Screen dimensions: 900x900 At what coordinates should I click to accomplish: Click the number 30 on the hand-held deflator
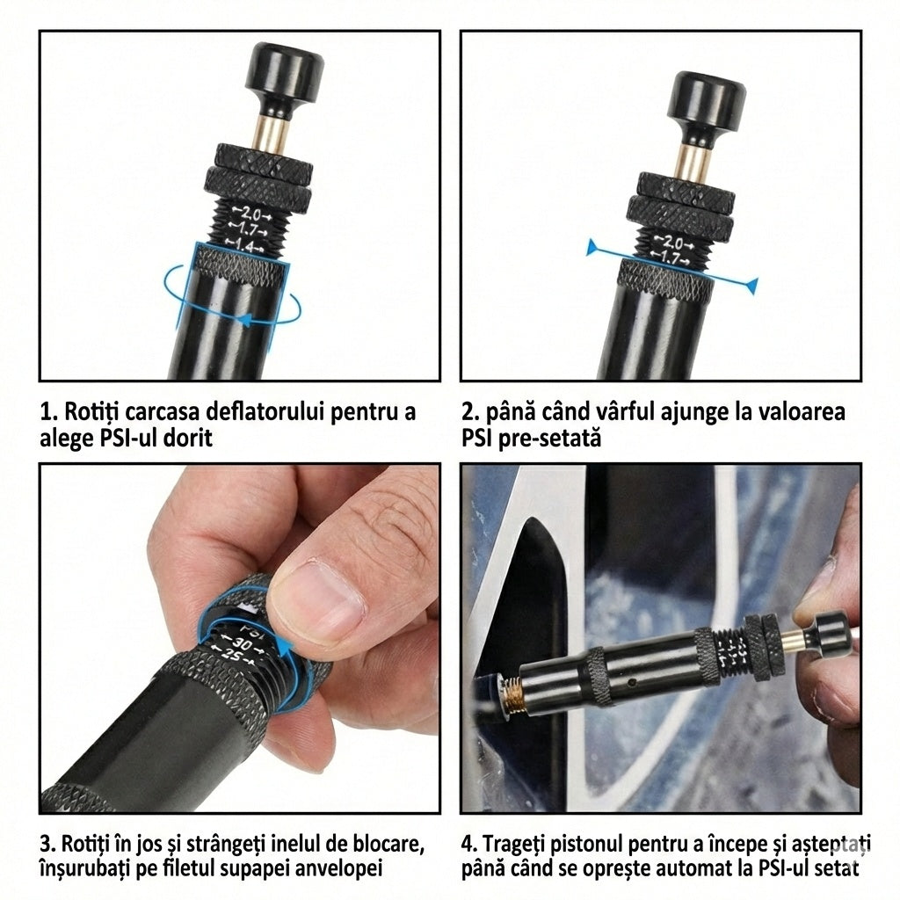[243, 644]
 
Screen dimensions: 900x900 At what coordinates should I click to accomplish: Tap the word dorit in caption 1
[184, 438]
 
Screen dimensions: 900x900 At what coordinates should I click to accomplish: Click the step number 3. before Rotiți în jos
[49, 845]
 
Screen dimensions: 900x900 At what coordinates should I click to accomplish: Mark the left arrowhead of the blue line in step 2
[593, 247]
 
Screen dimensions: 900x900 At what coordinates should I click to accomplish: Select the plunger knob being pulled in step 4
[828, 630]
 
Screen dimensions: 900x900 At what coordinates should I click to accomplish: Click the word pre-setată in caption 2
[552, 438]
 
